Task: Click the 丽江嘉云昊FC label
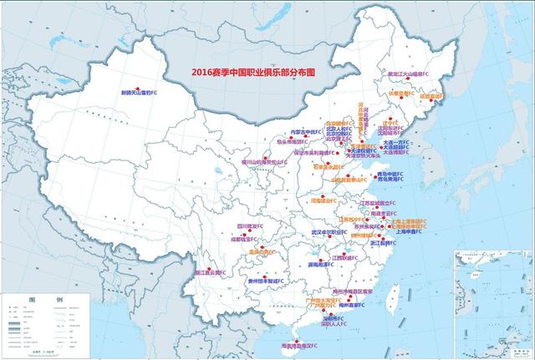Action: coord(210,272)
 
